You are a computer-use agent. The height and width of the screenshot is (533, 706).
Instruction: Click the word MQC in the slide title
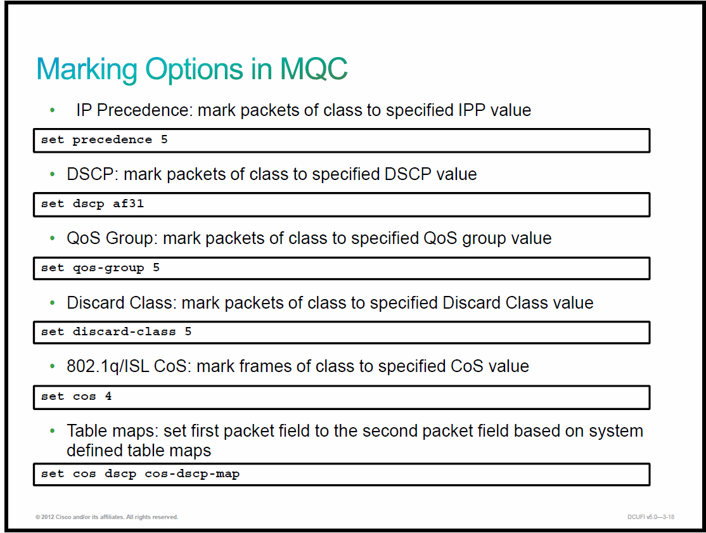[314, 69]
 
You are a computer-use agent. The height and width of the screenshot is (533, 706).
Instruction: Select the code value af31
[128, 203]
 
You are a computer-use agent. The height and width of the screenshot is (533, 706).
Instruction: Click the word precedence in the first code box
[112, 140]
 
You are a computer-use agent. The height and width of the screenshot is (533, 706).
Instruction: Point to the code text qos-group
[108, 268]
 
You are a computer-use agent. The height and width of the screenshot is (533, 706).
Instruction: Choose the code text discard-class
[124, 331]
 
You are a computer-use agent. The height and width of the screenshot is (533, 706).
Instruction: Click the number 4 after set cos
[108, 396]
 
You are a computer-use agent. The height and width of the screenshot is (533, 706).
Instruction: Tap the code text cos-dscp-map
[192, 474]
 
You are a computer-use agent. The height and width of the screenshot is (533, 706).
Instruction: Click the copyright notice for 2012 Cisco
[106, 517]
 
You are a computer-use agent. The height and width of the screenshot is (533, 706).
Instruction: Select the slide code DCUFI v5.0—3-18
[651, 517]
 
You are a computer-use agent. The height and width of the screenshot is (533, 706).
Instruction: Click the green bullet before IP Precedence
[53, 110]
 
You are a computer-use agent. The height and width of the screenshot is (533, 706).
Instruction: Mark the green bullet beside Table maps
[53, 431]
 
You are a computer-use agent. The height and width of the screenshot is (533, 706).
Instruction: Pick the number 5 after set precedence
[164, 139]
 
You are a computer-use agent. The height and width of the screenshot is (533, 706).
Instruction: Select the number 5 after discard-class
[188, 331]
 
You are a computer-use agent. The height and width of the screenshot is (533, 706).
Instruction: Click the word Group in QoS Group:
[131, 238]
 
